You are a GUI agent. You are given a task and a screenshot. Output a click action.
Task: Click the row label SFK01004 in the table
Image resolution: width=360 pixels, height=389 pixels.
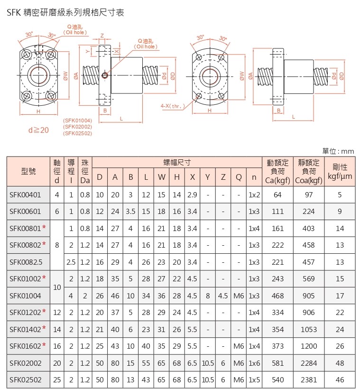tap(25, 296)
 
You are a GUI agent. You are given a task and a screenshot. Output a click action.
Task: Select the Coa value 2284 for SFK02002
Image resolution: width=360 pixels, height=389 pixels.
tap(309, 363)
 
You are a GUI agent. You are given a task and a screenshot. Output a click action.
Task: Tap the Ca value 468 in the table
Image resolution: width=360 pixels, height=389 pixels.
tap(277, 296)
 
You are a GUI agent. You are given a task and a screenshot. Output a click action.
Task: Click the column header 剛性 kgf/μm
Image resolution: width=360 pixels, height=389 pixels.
tap(340, 171)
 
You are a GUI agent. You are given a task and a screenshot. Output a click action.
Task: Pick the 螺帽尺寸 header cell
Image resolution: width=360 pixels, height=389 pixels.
tap(177, 163)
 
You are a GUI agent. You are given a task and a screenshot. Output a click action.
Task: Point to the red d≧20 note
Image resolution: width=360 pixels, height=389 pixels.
tap(38, 130)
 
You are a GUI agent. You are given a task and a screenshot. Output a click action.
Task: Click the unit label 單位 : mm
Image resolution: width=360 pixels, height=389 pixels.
tap(338, 151)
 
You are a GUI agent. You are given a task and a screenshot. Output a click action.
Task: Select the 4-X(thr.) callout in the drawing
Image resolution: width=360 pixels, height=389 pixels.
tap(173, 106)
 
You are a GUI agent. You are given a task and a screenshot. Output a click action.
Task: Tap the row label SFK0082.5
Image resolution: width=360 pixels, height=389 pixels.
tap(26, 262)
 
